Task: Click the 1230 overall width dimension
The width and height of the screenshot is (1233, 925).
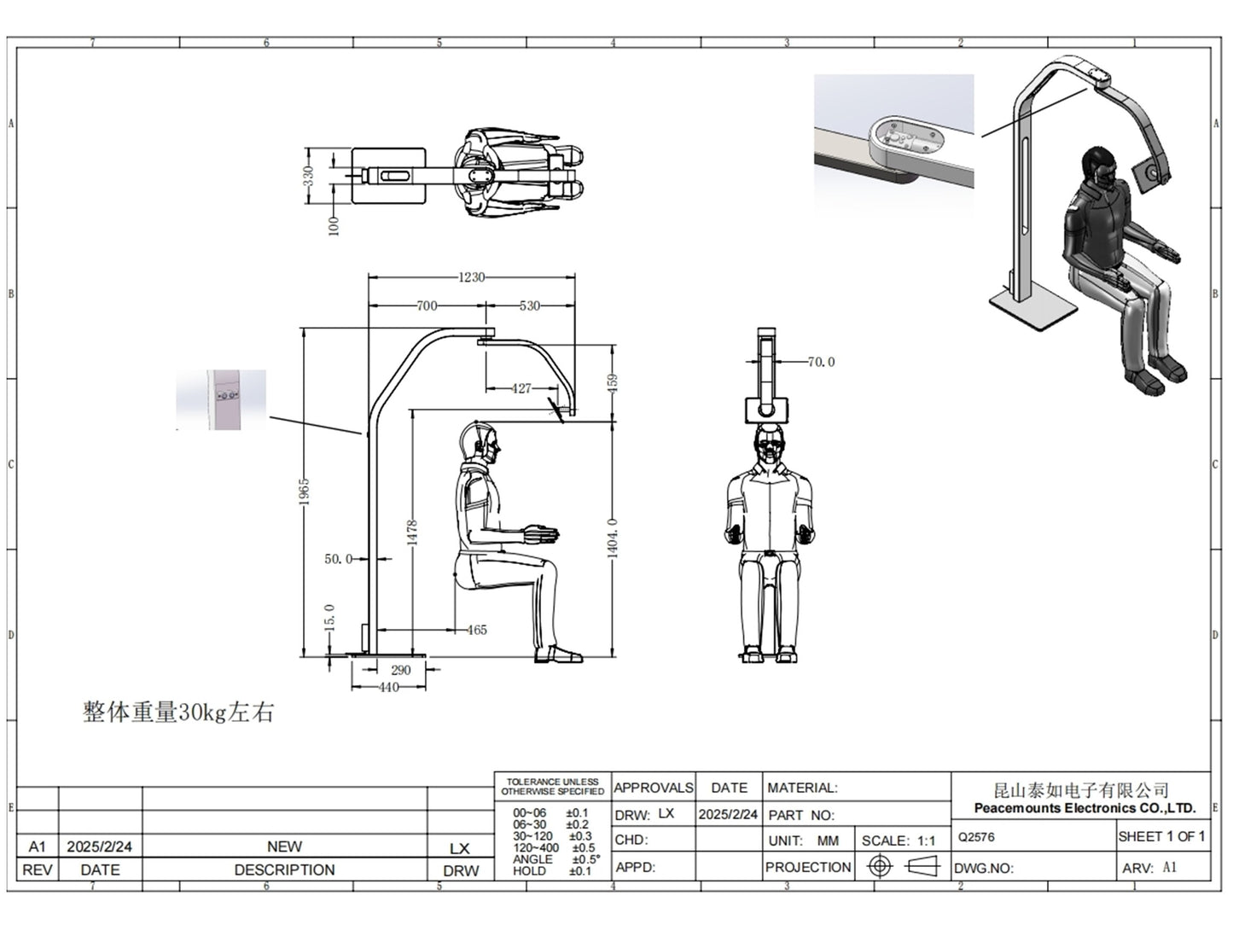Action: click(x=471, y=277)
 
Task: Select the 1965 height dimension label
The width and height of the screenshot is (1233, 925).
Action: click(x=305, y=492)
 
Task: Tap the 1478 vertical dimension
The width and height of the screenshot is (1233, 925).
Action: click(x=412, y=532)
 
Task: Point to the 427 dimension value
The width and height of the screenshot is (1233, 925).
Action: click(x=521, y=388)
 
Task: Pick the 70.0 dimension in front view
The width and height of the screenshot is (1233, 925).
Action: click(x=820, y=362)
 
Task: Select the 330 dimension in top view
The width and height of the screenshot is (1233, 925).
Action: click(x=309, y=175)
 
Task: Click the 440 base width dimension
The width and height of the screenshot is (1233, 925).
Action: click(x=388, y=687)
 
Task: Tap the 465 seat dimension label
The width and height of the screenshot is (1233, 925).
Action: click(x=476, y=630)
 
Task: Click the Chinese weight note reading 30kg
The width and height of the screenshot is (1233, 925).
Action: click(x=177, y=712)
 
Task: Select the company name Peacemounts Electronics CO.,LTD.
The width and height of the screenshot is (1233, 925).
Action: click(x=1084, y=808)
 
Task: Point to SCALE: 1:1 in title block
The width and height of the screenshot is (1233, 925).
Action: click(x=898, y=841)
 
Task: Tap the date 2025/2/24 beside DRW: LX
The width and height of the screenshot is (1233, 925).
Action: click(x=728, y=814)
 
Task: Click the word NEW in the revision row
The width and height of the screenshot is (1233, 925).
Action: click(x=284, y=846)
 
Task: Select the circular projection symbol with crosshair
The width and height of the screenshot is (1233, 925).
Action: click(x=879, y=866)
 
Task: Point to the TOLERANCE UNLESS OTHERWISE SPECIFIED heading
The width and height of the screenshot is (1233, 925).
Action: click(x=553, y=786)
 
